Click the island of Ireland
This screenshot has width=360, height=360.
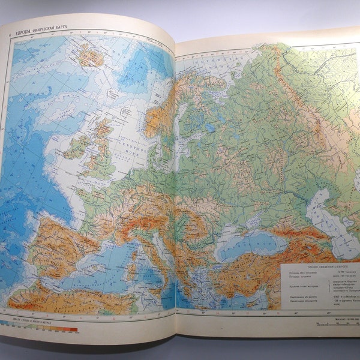[x=76, y=146]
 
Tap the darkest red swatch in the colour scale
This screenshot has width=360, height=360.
[x=74, y=329]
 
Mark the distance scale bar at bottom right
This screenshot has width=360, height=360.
[x=336, y=324]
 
